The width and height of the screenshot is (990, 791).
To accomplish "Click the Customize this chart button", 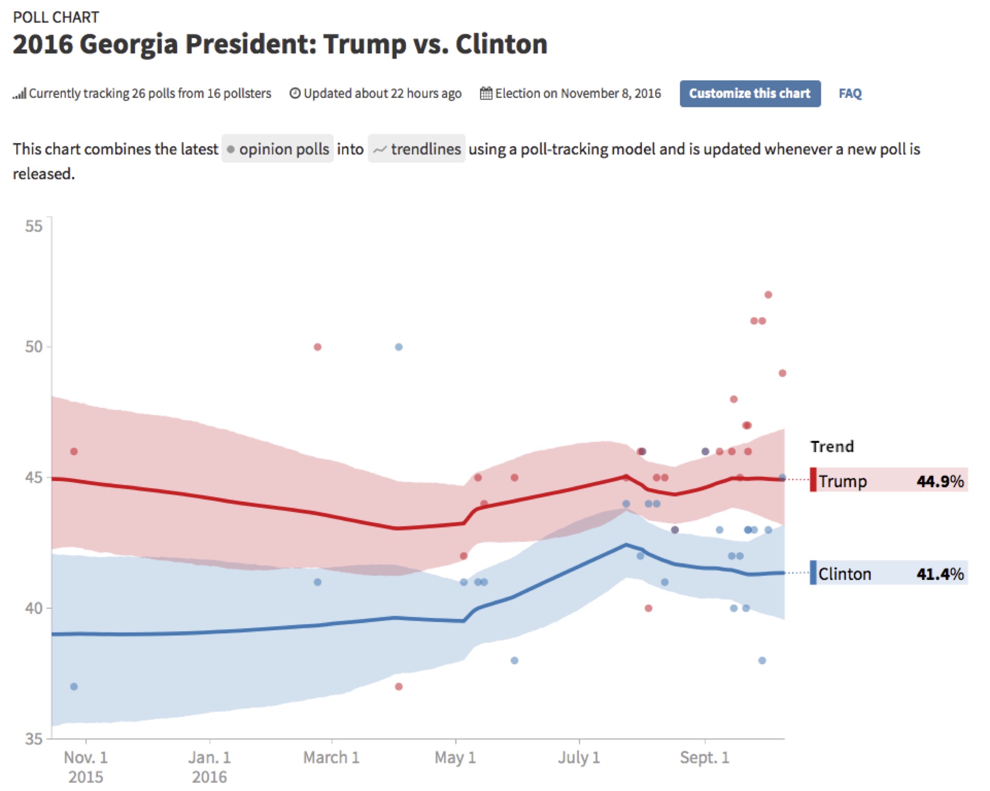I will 750,93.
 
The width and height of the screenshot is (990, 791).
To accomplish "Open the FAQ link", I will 850,93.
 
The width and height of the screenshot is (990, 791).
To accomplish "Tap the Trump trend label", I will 843,481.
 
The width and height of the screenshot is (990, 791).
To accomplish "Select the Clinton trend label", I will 845,573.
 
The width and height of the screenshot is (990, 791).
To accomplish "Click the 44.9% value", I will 940,481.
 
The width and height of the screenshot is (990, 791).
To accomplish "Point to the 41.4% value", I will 940,573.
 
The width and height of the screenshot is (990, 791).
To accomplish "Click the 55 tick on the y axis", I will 34,226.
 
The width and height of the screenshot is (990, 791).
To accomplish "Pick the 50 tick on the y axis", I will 34,347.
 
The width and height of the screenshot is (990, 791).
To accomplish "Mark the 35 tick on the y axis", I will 34,739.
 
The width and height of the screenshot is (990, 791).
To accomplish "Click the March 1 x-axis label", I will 331,757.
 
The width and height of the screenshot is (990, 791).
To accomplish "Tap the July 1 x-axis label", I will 579,757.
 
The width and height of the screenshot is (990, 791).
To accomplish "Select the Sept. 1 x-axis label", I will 705,757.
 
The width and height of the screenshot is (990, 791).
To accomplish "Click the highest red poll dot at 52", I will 768,295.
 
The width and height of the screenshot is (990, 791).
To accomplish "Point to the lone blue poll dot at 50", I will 399,347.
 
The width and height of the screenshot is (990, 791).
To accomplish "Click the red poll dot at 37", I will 399,686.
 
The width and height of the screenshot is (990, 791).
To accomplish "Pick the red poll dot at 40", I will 648,608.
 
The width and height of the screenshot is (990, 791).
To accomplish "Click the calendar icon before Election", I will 486,93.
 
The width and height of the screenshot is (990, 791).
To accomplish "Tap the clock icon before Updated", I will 295,93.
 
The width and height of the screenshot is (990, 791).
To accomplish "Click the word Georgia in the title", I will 129,44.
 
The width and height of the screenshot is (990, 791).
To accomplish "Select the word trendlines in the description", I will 426,149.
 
